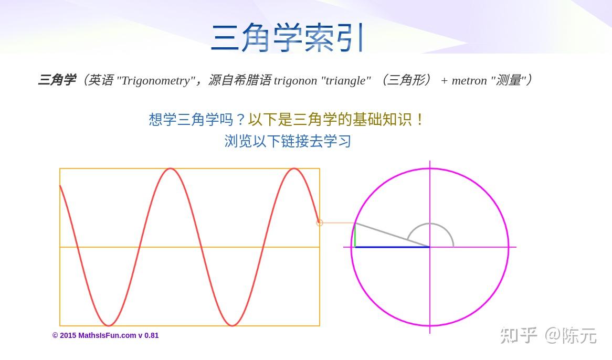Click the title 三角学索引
tap(287, 37)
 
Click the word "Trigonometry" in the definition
tap(156, 81)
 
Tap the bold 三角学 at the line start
tap(57, 80)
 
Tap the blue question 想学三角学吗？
tap(197, 119)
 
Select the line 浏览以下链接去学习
tap(288, 141)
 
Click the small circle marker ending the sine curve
tap(320, 223)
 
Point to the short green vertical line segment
tap(355, 235)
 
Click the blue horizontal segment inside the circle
tap(392, 247)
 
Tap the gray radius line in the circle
tap(392, 235)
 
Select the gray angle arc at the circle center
tap(430, 224)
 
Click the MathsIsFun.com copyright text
tap(105, 335)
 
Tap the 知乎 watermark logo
tap(519, 335)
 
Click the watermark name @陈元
tap(571, 335)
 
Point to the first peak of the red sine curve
tap(170, 168)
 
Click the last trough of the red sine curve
tap(232, 325)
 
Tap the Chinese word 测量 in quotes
tap(509, 80)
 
